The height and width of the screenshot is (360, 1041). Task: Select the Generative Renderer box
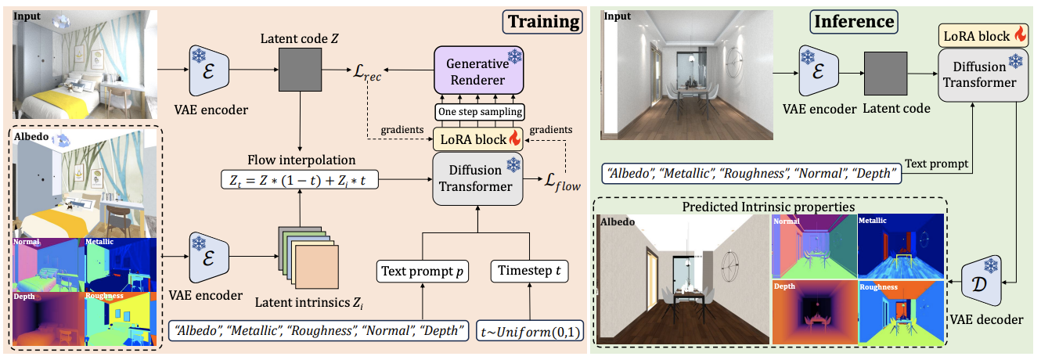click(x=478, y=70)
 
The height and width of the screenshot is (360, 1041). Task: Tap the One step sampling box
click(x=478, y=112)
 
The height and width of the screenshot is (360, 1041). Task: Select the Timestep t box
click(x=530, y=272)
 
